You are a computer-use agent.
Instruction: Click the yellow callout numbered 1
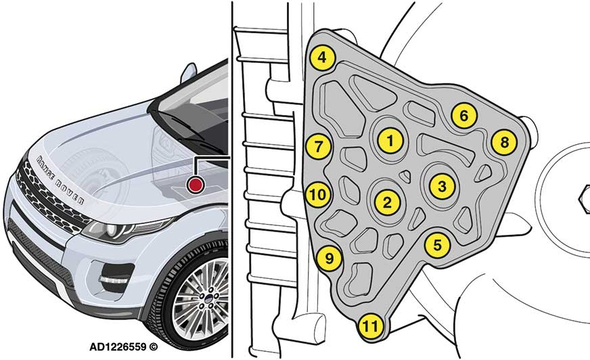pyautogui.click(x=390, y=140)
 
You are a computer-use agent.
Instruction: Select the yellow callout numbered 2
pyautogui.click(x=386, y=201)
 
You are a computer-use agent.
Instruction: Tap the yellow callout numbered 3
pyautogui.click(x=441, y=185)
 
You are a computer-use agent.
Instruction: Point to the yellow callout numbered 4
pyautogui.click(x=322, y=58)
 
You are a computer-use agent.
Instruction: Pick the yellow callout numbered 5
pyautogui.click(x=438, y=244)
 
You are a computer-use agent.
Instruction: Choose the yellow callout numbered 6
pyautogui.click(x=463, y=116)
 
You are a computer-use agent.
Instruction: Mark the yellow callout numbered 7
pyautogui.click(x=319, y=145)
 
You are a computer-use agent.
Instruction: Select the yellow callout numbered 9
pyautogui.click(x=329, y=258)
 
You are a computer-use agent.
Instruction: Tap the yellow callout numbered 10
pyautogui.click(x=319, y=195)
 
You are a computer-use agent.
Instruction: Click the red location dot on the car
pyautogui.click(x=196, y=185)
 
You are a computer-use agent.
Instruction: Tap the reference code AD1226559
pyautogui.click(x=118, y=346)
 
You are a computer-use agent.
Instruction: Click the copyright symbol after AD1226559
pyautogui.click(x=154, y=346)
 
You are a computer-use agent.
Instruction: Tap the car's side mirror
pyautogui.click(x=187, y=71)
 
